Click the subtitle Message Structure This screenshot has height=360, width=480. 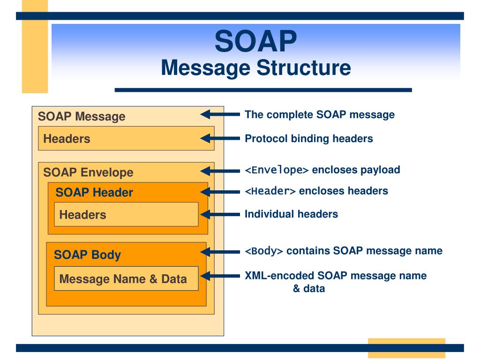coord(255,67)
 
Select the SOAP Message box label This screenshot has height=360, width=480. coord(82,116)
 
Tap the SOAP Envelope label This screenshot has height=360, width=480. coord(88,172)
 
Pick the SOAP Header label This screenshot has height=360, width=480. coord(94,192)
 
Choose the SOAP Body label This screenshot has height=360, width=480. coord(87,255)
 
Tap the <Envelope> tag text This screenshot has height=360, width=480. coord(277,170)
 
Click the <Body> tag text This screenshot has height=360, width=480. coord(264,251)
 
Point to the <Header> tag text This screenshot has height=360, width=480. coord(270,191)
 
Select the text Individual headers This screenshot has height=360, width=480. coord(291,214)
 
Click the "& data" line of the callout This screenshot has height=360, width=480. coord(308,288)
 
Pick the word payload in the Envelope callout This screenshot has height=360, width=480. coord(380,170)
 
